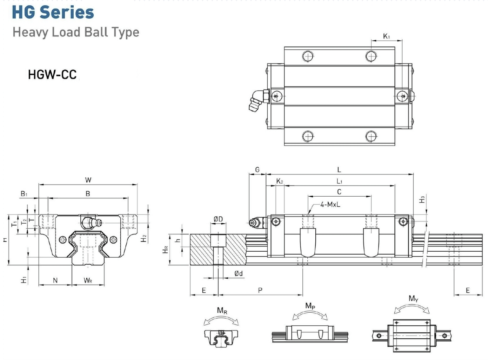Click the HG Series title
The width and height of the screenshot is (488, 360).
(x=53, y=12)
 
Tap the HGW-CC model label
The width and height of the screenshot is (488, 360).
(x=52, y=75)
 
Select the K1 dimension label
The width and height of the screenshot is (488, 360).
(x=386, y=36)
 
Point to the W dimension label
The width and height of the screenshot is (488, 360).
(x=88, y=180)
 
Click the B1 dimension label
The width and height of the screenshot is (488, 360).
(x=24, y=193)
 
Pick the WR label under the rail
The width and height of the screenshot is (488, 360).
(x=88, y=280)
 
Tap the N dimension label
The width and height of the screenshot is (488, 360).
(x=55, y=280)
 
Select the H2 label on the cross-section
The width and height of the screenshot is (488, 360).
(x=144, y=238)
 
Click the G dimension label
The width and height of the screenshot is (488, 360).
(x=257, y=170)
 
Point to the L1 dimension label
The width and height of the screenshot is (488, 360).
(x=339, y=181)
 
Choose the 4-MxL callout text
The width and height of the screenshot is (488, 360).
(x=330, y=204)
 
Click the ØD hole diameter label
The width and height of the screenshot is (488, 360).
(x=218, y=219)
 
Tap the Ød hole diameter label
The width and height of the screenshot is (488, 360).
(x=239, y=273)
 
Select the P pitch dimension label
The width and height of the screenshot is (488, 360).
(x=260, y=290)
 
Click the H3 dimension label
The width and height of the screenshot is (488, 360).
(x=422, y=199)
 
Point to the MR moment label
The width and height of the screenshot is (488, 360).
(x=222, y=310)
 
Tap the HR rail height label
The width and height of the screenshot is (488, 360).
(x=166, y=250)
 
